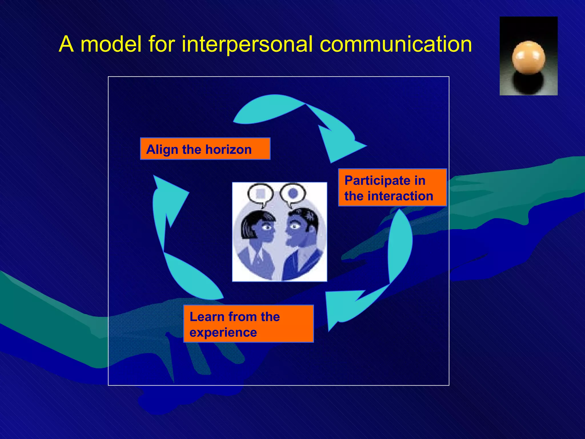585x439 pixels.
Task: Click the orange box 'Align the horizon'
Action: click(205, 149)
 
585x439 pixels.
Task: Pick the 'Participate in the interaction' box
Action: click(392, 187)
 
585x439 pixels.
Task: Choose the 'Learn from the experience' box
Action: click(248, 324)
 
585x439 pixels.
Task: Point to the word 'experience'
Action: click(223, 332)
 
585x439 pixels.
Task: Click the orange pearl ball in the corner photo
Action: click(528, 57)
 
